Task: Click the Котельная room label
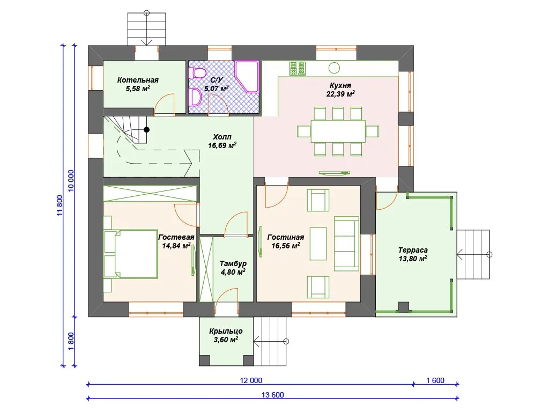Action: click(x=138, y=80)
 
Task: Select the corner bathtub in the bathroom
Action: click(x=247, y=77)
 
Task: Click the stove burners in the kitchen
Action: click(x=297, y=69)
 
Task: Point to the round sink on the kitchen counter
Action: click(x=335, y=68)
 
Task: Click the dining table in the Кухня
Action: click(x=338, y=131)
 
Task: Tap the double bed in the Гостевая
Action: click(x=130, y=254)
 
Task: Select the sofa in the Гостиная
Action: click(x=347, y=244)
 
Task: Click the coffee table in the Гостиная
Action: click(x=318, y=244)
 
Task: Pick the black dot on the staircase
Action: click(x=147, y=130)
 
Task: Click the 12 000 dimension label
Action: click(x=251, y=380)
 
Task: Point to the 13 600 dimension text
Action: click(x=273, y=395)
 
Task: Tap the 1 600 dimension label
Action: click(x=435, y=380)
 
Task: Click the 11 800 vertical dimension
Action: click(x=60, y=205)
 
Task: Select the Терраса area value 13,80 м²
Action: click(x=413, y=259)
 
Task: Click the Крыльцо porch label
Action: click(x=226, y=331)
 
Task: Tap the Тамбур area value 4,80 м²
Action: click(x=233, y=272)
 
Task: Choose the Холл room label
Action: click(x=222, y=137)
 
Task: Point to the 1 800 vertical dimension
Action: click(x=71, y=341)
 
